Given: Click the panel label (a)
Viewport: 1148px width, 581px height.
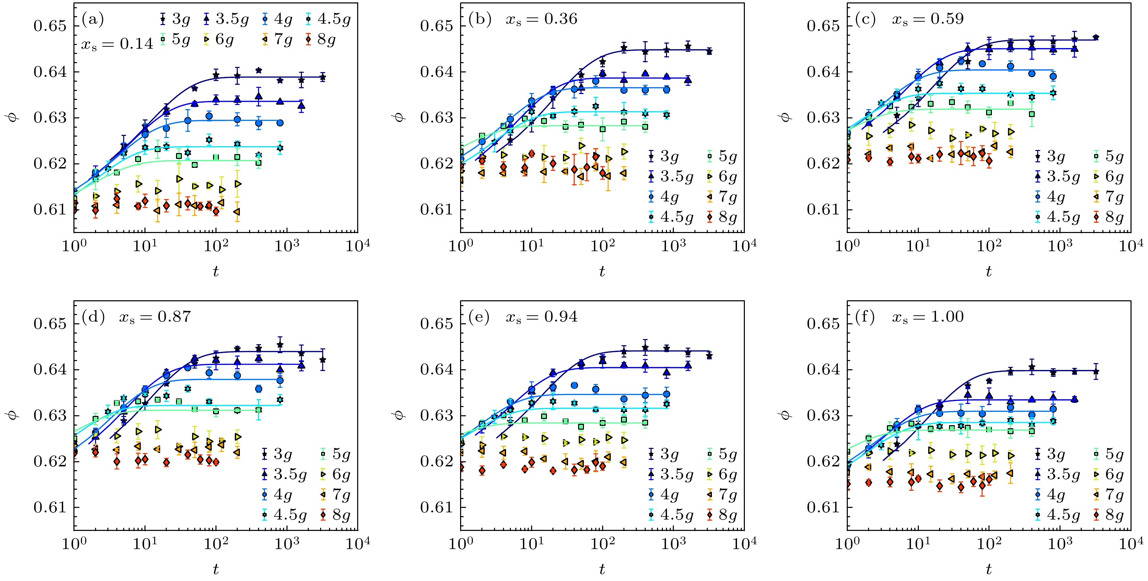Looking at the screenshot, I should (93, 20).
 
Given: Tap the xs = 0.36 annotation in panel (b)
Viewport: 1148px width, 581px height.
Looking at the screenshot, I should (541, 19).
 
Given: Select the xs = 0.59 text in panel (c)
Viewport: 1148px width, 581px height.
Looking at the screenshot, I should (927, 19).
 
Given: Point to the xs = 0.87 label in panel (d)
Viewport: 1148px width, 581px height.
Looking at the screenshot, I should (155, 317).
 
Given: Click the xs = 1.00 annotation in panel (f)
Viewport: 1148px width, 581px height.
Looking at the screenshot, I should (927, 317).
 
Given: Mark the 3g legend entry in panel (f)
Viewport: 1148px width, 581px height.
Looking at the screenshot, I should (1050, 454).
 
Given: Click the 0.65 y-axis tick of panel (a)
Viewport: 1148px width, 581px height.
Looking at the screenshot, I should (50, 26).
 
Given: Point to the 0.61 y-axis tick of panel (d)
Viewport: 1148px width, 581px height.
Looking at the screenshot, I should (50, 508).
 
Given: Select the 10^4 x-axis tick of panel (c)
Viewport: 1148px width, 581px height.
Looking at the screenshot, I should (1131, 245).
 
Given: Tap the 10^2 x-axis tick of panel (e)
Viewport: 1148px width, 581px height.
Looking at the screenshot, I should (602, 543).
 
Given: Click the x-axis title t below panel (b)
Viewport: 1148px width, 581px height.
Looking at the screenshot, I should (602, 271).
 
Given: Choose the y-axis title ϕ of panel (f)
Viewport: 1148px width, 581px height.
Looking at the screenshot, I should (786, 415).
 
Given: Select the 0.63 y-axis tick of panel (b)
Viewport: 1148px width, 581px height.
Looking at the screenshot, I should (436, 118).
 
